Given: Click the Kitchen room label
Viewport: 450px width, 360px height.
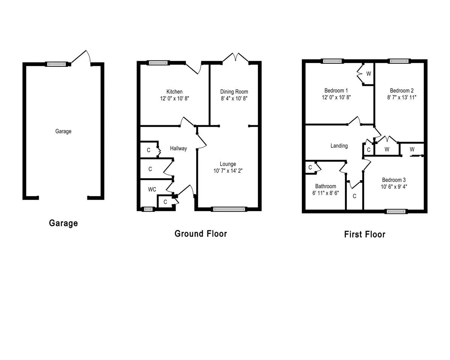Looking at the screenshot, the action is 174,91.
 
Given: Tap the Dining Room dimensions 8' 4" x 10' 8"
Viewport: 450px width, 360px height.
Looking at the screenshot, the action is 234,98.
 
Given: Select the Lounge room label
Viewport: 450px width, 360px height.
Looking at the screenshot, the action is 228,164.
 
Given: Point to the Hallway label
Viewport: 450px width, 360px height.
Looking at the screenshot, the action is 178,148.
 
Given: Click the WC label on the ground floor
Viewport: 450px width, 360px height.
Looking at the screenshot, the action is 152,189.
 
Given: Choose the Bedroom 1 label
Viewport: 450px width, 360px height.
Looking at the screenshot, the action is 336,91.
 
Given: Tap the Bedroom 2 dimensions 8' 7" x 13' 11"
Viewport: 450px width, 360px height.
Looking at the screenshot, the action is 402,97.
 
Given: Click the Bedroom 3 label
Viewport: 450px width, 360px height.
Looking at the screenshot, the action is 394,180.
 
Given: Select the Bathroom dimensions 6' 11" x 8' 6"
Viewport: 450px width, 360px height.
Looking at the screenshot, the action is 325,193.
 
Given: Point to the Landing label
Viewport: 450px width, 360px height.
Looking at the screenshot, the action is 339,146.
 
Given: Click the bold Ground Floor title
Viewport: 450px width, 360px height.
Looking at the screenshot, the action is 201,234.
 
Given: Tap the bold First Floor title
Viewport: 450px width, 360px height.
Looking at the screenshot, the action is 364,234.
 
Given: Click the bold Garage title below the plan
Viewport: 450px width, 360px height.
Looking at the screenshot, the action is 63,223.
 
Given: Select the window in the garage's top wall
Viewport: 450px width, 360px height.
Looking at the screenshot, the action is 57,64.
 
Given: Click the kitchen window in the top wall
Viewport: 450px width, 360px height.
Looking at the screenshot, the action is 158,63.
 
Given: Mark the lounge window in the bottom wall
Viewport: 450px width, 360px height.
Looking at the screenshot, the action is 229,209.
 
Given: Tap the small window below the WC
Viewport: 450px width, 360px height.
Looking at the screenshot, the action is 148,209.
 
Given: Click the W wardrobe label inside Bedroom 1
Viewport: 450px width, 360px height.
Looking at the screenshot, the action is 369,74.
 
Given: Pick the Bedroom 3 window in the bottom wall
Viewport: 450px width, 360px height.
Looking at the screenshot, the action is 396,211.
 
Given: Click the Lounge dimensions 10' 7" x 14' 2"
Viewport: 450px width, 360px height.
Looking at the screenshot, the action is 228,171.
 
